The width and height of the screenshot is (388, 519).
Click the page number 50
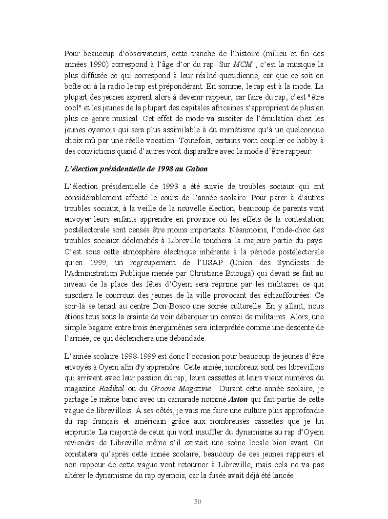[x=198, y=501]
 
